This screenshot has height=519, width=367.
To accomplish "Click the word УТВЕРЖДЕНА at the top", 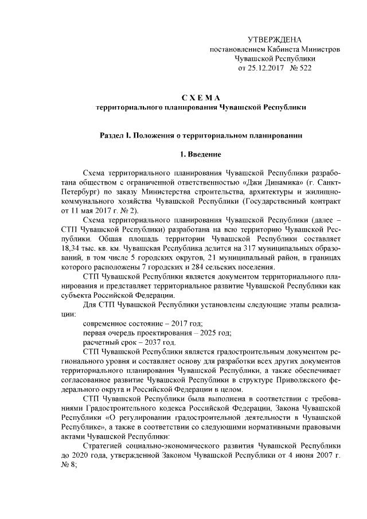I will coord(274,39).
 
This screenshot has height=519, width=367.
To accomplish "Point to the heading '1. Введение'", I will coord(201,154).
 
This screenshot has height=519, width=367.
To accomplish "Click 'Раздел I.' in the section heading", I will coord(117,135).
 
